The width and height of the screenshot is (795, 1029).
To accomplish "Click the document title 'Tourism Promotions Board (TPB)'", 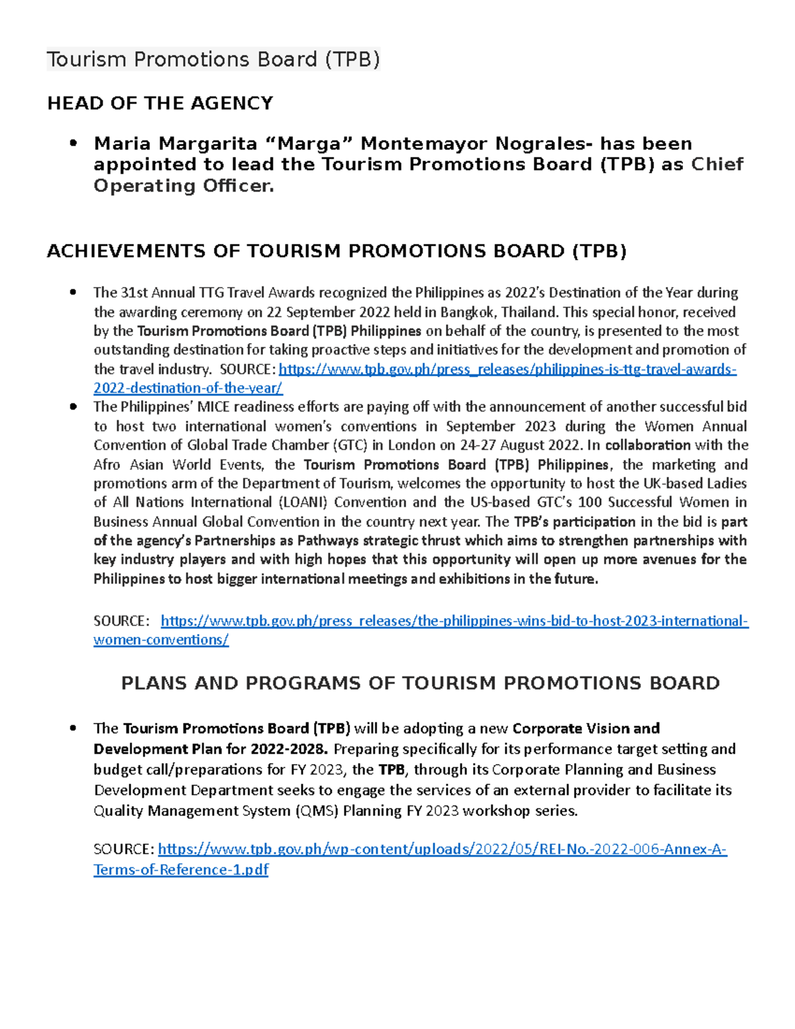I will coord(213,60).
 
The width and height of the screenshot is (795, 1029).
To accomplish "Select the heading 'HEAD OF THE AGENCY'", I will coord(160,103).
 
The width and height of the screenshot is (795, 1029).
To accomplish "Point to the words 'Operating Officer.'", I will coord(184,186).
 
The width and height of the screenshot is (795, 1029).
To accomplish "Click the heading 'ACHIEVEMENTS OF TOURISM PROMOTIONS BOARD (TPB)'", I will coord(337,251).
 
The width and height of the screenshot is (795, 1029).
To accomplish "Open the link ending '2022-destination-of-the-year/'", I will coord(188,388).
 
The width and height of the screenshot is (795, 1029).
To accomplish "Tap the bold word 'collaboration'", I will coord(647,445).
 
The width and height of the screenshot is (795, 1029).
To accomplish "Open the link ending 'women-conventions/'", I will coord(161,640).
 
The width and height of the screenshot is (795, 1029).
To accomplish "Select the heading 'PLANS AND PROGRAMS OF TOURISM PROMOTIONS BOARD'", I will coord(420,683).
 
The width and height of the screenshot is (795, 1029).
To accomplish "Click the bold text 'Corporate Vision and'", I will coord(586,729).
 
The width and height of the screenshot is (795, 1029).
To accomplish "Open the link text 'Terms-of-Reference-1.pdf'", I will coord(181,870).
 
